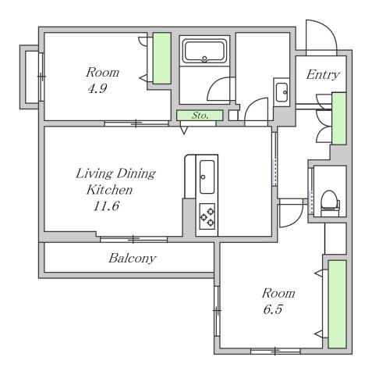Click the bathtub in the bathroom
(x=204, y=51)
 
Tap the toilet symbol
(x=330, y=203)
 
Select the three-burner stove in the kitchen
(x=207, y=216)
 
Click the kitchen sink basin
(x=207, y=177)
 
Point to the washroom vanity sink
(x=282, y=92)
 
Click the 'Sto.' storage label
(x=200, y=116)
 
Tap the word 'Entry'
(x=323, y=75)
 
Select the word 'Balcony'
(x=132, y=259)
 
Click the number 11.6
(x=106, y=206)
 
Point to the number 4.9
(x=97, y=89)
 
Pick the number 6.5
(x=273, y=309)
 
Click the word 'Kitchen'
(x=109, y=190)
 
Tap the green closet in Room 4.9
(x=161, y=58)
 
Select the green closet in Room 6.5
(x=337, y=304)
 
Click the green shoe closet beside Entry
(x=339, y=119)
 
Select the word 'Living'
(x=94, y=173)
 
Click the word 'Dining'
(x=136, y=174)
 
